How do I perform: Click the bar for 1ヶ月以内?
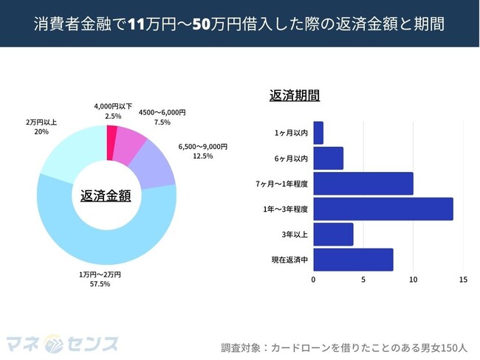(318, 133)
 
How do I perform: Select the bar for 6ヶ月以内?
(328, 159)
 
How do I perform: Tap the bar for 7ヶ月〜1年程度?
(363, 184)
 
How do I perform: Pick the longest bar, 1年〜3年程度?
(383, 209)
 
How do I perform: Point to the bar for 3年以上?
(333, 235)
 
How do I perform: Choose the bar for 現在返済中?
(353, 260)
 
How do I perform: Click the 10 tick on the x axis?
(414, 280)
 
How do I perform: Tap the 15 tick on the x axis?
(463, 280)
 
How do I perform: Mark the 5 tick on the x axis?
(363, 280)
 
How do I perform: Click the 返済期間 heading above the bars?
(295, 96)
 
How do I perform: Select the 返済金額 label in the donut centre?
(106, 195)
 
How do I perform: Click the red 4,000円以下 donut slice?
(112, 132)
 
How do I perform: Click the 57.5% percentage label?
(100, 284)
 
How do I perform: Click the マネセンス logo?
(62, 343)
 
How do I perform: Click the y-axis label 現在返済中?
(289, 260)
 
